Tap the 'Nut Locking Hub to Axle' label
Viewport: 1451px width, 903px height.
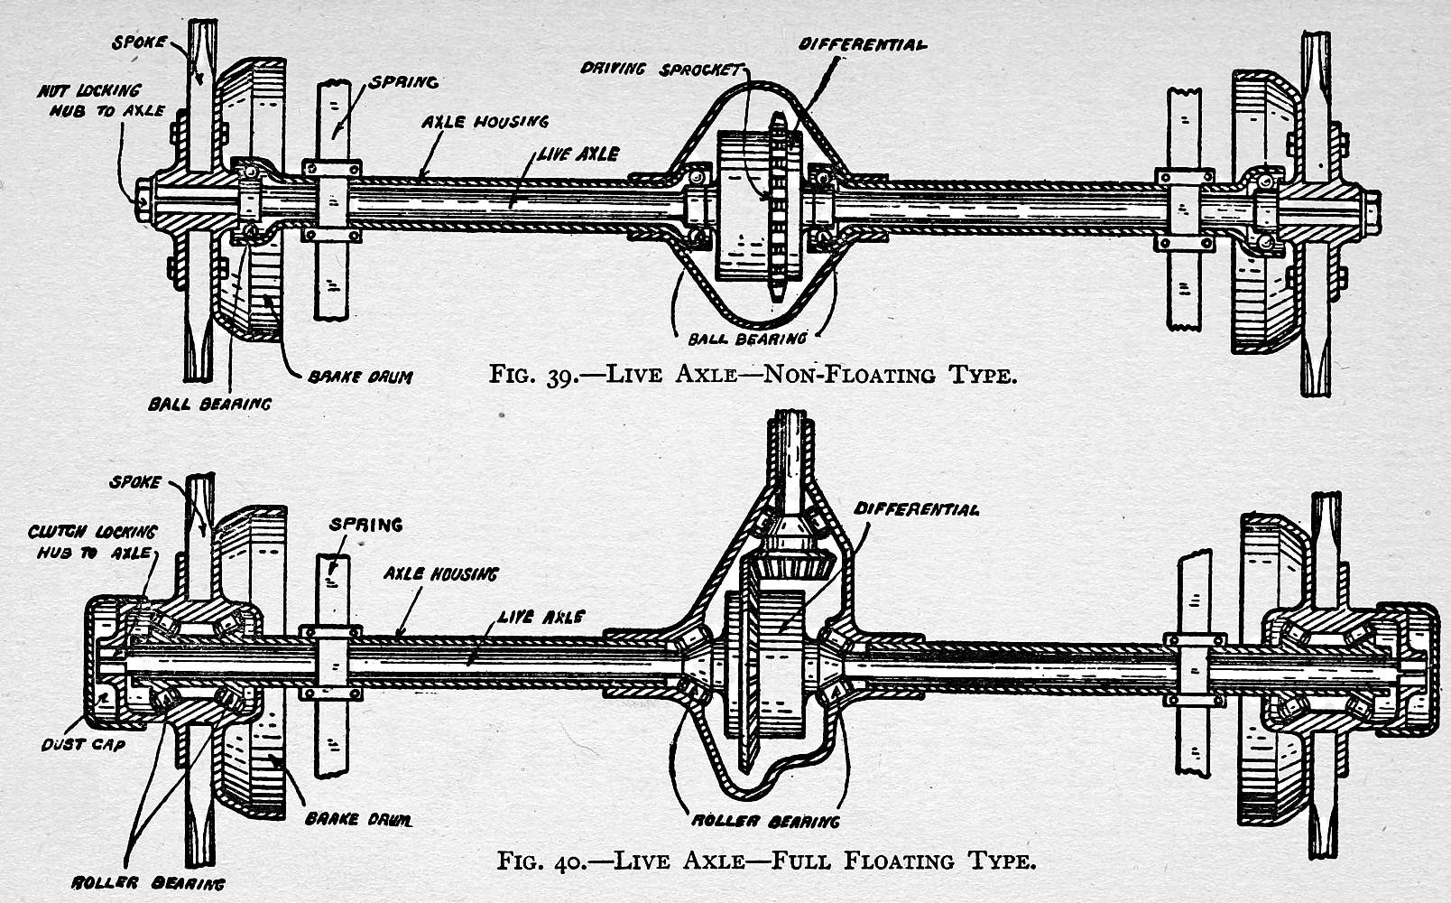pos(100,101)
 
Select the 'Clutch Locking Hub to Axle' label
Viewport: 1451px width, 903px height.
pos(91,542)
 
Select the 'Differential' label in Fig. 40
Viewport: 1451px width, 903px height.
pos(916,509)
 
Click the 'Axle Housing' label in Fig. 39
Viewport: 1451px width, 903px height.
pos(484,121)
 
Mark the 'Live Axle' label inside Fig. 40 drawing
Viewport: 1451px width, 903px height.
pos(541,617)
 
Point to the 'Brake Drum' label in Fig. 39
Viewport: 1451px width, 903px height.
pos(360,377)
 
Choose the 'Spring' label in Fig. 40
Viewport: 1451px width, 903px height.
pos(365,525)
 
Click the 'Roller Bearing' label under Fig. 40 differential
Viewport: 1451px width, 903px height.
pos(765,822)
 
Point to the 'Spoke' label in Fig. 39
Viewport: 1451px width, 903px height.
pos(138,42)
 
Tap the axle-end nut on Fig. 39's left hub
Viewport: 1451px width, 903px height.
pos(143,199)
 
